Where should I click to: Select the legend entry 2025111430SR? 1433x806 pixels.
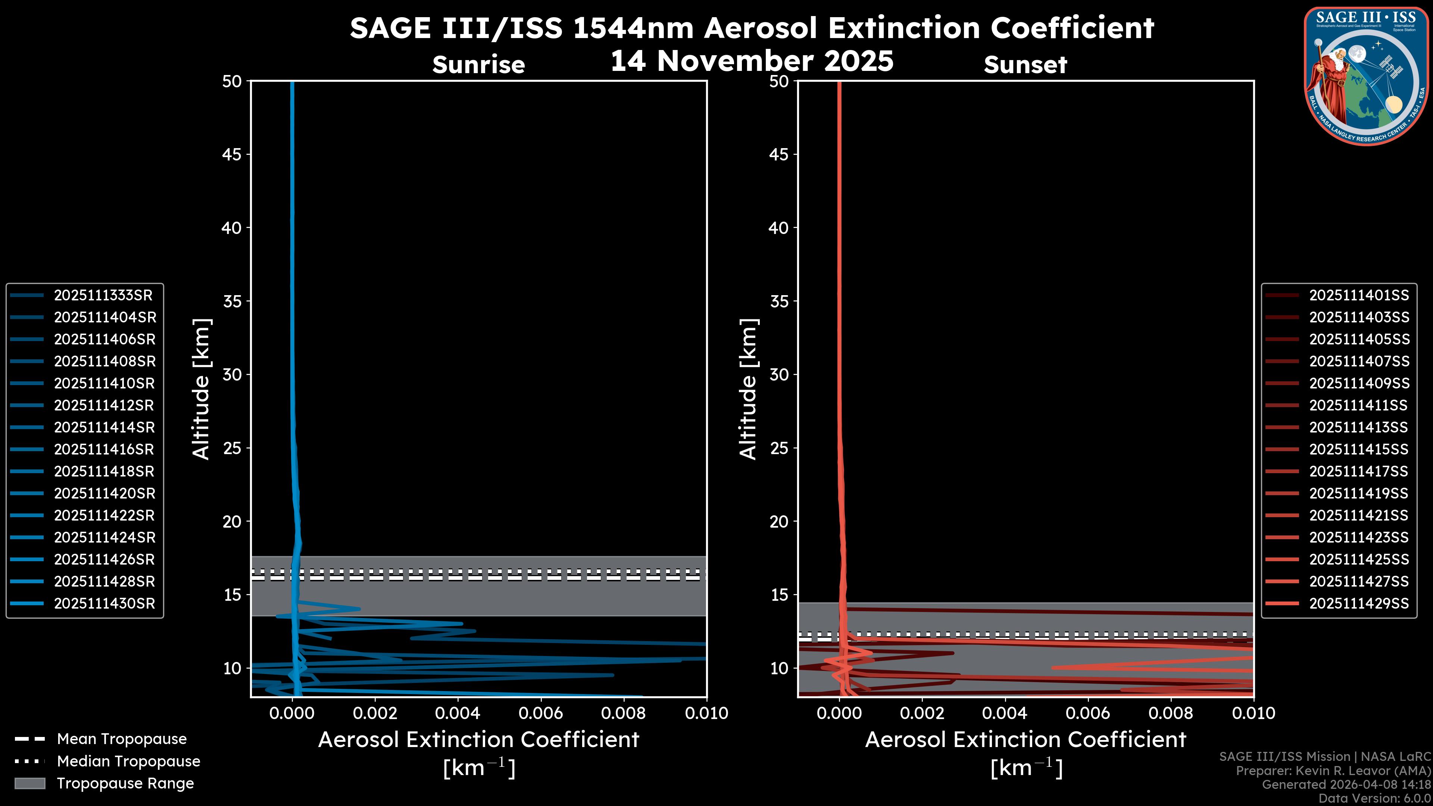click(104, 603)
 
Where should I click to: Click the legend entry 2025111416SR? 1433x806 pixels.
click(104, 449)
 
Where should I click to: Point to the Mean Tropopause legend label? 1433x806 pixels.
click(122, 739)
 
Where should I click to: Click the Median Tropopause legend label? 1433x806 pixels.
click(128, 761)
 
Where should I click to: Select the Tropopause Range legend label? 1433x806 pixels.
click(125, 783)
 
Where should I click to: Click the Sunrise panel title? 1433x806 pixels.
click(478, 65)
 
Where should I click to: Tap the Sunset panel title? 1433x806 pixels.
click(1025, 65)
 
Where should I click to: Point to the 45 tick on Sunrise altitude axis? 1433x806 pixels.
click(232, 154)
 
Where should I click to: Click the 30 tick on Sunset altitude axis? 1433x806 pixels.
click(779, 374)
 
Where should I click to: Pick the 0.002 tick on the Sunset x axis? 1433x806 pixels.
click(922, 713)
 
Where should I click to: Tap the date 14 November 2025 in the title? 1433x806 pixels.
click(752, 61)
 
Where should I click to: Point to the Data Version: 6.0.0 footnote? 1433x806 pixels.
click(1374, 798)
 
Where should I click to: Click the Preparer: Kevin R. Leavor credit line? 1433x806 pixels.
click(1333, 771)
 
